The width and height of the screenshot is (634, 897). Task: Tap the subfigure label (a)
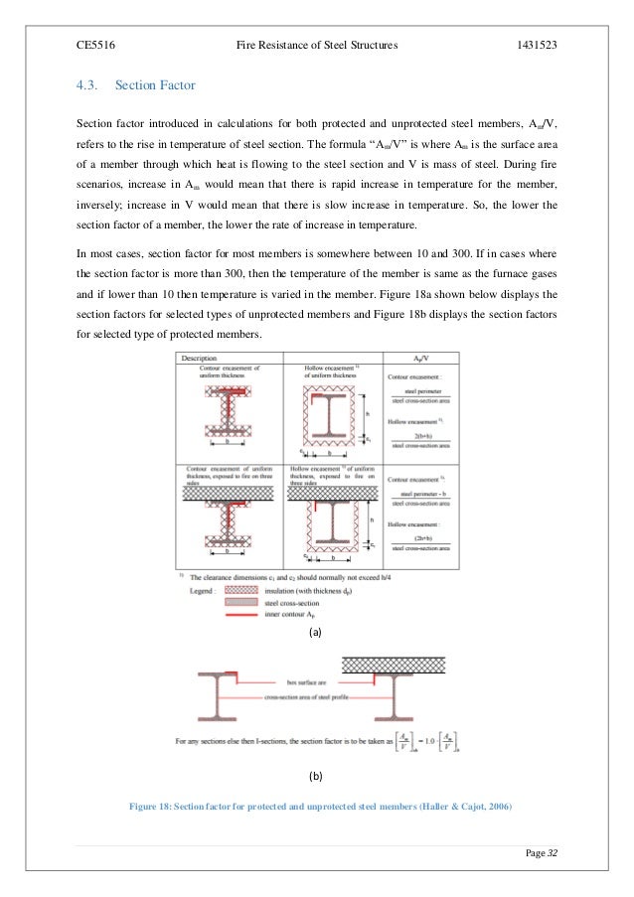pyautogui.click(x=316, y=632)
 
